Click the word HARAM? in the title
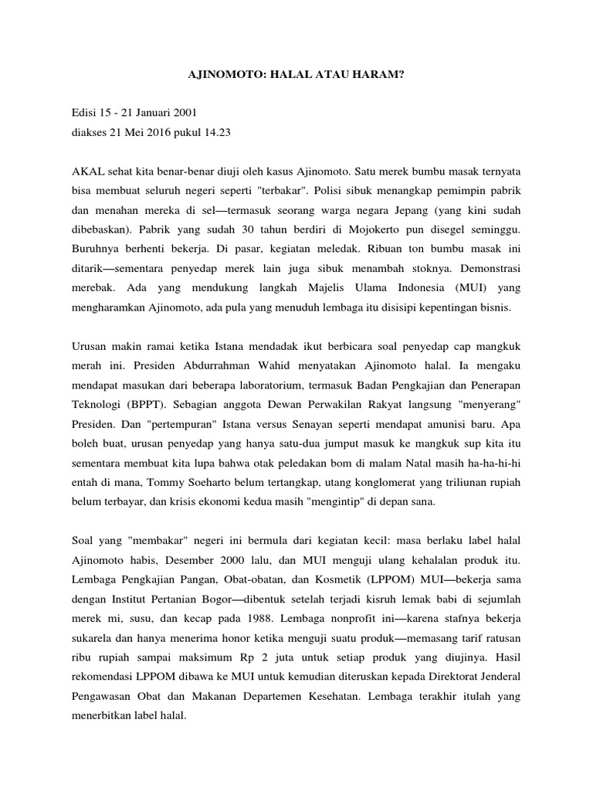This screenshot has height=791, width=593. coord(378,78)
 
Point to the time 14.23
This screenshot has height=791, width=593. coord(215,132)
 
